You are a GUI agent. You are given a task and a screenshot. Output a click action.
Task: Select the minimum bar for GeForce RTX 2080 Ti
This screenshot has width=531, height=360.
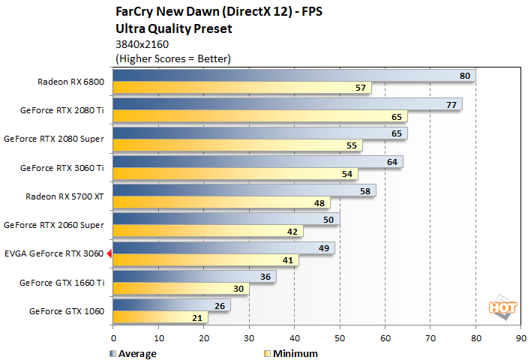tap(259, 117)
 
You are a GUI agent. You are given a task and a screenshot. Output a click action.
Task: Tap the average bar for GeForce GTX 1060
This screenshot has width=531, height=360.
tap(171, 305)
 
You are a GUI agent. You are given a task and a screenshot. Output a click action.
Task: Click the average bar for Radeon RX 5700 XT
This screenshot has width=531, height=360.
tap(244, 190)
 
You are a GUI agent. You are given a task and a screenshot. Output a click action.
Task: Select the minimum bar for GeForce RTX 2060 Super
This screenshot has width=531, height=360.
tap(208, 232)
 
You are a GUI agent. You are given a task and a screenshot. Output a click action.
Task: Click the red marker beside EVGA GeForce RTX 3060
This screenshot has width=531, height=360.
tap(109, 253)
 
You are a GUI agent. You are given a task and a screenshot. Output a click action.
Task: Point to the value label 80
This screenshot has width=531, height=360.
tap(465, 76)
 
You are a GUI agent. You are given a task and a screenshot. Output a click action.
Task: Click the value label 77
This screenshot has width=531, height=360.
tap(451, 104)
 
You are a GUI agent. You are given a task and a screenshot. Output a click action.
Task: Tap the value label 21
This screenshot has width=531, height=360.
tap(197, 317)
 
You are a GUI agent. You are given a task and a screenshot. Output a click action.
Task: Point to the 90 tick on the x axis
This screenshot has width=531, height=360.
tap(520, 338)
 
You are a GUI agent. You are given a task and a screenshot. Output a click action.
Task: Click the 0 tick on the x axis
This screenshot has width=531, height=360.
tap(113, 338)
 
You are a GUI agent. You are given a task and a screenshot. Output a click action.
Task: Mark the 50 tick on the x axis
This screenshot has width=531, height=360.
tap(340, 338)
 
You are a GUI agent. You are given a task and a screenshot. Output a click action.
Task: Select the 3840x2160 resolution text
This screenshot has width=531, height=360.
tap(141, 44)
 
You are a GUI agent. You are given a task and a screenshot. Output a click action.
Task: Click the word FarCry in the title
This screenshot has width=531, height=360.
tap(135, 13)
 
